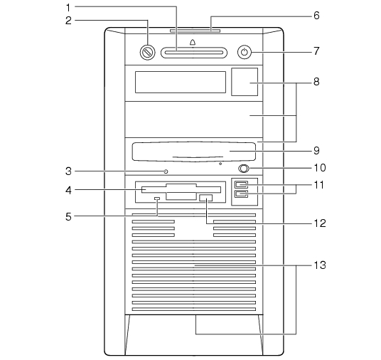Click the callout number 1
pos(68,8)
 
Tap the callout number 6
pos(316,16)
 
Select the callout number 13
pos(320,265)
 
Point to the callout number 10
pos(320,168)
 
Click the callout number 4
pos(68,190)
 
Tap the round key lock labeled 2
pos(147,52)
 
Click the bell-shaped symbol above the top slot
pos(193,42)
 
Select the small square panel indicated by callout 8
pos(245,82)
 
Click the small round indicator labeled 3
pos(166,171)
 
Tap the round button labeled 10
pos(244,169)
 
